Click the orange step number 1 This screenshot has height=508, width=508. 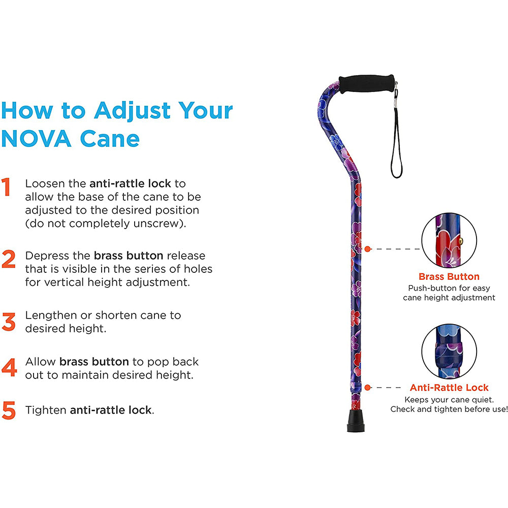(x=7, y=187)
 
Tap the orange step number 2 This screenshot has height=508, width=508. (x=9, y=259)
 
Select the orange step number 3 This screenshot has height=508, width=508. (x=9, y=322)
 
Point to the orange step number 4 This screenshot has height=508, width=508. (x=9, y=368)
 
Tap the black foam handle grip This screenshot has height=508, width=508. (x=361, y=83)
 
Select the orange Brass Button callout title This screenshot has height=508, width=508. (x=449, y=277)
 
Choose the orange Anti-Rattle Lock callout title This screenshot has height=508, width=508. (x=449, y=388)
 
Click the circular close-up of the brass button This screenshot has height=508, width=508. (x=449, y=240)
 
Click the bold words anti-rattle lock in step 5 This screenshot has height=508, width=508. (x=111, y=410)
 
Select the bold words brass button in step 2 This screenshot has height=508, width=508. (x=129, y=255)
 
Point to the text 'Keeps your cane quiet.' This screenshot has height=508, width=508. (x=449, y=400)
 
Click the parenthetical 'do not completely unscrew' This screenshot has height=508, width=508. (x=106, y=224)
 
